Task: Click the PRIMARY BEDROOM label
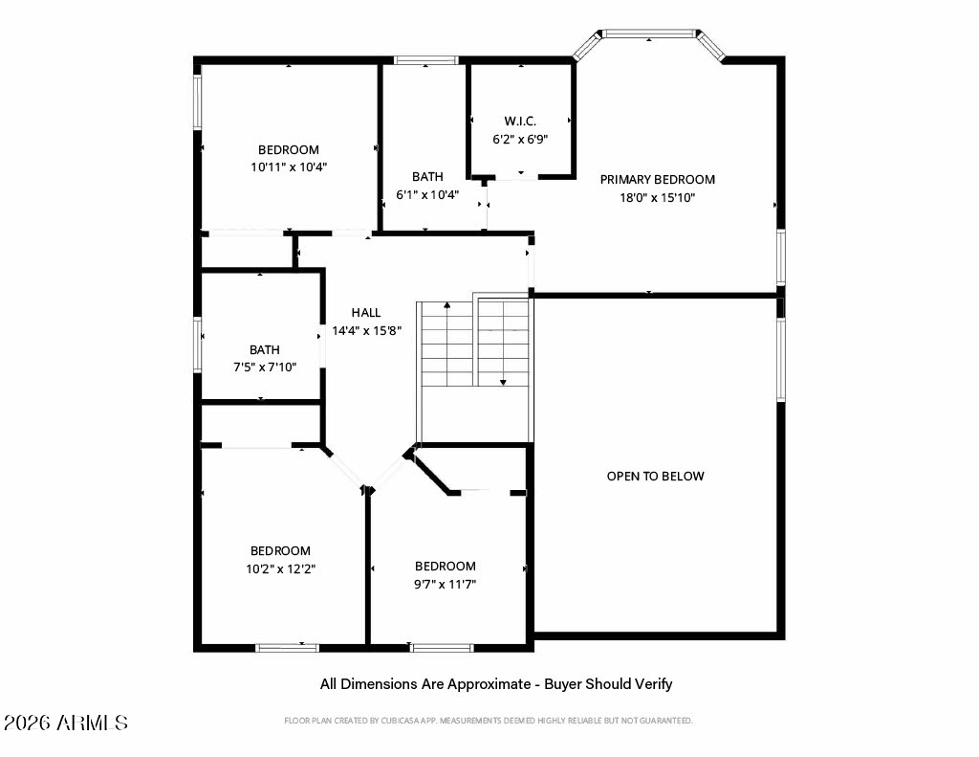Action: (x=658, y=179)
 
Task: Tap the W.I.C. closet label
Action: (x=520, y=122)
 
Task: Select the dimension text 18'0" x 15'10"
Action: (x=658, y=197)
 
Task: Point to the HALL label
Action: (x=366, y=313)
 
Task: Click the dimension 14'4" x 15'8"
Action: (x=366, y=330)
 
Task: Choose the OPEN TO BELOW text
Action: (x=656, y=477)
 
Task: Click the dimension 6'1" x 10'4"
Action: (x=427, y=194)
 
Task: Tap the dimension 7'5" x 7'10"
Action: (x=265, y=367)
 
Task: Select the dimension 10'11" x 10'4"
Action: (x=289, y=167)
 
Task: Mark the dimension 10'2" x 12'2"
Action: (x=281, y=568)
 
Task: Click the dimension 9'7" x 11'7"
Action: (x=446, y=585)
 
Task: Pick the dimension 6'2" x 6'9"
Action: (x=520, y=139)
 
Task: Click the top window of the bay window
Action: (x=649, y=33)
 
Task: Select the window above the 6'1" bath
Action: (x=426, y=60)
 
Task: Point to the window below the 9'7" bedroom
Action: (x=442, y=648)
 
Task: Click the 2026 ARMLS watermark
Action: (x=66, y=723)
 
